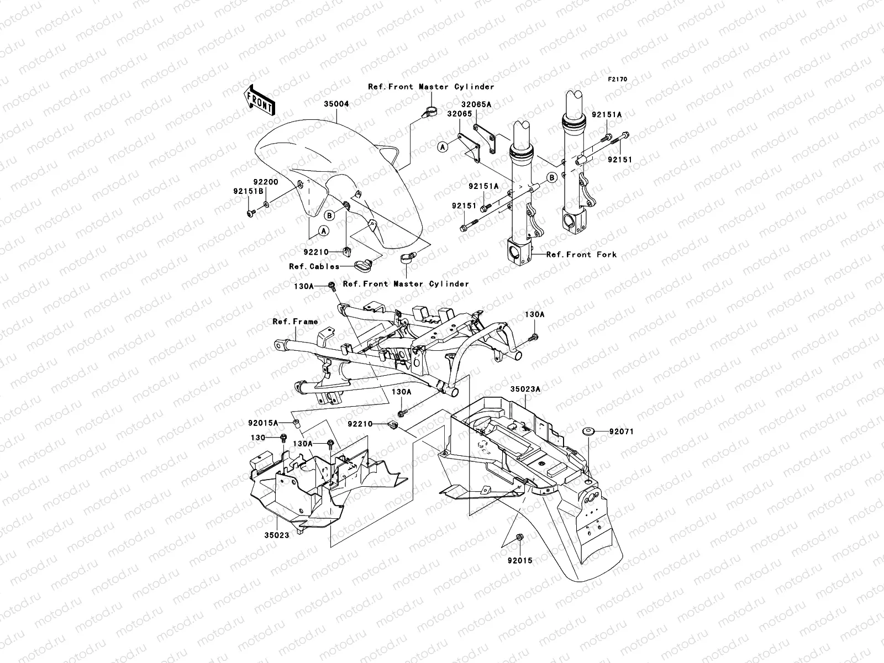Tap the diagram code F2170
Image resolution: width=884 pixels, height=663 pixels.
pyautogui.click(x=618, y=79)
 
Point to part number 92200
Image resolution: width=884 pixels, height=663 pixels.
pyautogui.click(x=265, y=182)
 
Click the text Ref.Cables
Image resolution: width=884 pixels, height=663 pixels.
pyautogui.click(x=314, y=266)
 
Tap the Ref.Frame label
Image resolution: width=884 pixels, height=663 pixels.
pyautogui.click(x=295, y=322)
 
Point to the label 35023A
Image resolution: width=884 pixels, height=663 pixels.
pyautogui.click(x=525, y=390)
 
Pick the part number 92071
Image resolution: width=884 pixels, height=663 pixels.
pyautogui.click(x=622, y=432)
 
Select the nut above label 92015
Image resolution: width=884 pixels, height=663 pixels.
pyautogui.click(x=520, y=537)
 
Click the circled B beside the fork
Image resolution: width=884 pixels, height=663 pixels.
pyautogui.click(x=551, y=177)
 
